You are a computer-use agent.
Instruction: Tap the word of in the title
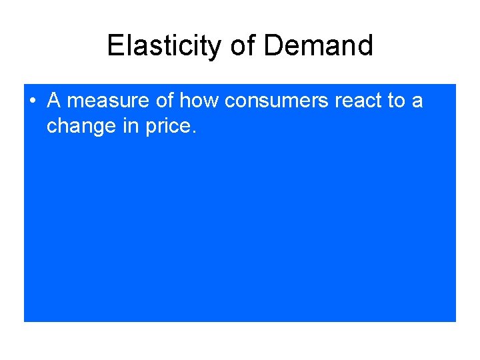point(243,45)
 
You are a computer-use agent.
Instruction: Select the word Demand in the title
point(318,45)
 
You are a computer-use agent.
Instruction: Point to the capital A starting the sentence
point(54,101)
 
